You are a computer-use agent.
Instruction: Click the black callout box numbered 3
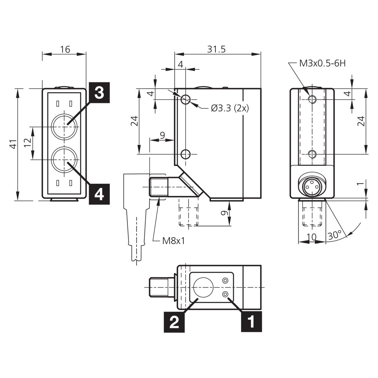click(x=99, y=92)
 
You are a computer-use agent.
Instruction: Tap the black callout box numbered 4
click(x=99, y=194)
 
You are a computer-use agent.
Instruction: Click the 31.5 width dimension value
click(x=216, y=49)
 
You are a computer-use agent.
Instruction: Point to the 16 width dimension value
click(x=65, y=49)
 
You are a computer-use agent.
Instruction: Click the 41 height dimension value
click(x=14, y=144)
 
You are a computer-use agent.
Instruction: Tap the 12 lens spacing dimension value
click(x=27, y=143)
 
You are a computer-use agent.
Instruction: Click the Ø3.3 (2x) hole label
click(x=230, y=108)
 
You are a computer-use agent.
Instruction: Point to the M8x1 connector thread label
click(x=174, y=241)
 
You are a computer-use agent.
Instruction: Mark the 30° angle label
click(x=335, y=235)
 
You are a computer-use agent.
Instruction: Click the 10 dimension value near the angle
click(x=312, y=237)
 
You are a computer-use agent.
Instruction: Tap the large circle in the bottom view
click(x=203, y=287)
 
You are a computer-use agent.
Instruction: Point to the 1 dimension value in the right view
click(x=361, y=184)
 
